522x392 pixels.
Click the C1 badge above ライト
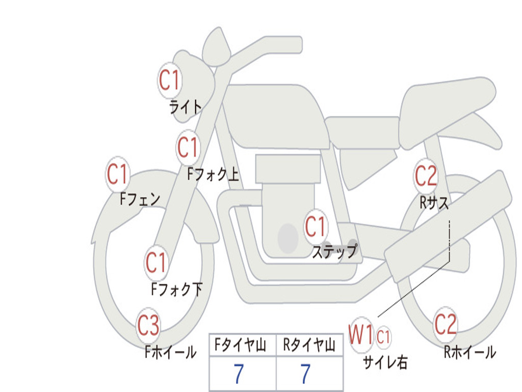pos(170,80)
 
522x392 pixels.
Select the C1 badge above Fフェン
pos(117,175)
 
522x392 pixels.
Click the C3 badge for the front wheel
pos(148,326)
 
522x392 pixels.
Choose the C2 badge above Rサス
pos(426,176)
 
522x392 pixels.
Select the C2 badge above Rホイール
pos(446,324)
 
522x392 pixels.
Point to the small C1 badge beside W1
pos(383,337)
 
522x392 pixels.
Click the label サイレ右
pos(385,362)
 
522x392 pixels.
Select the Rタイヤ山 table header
pos(309,346)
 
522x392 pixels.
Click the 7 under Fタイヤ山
pos(239,374)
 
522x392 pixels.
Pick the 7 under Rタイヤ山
pos(305,374)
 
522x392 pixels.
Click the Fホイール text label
pos(170,352)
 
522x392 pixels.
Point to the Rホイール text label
pos(469,352)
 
